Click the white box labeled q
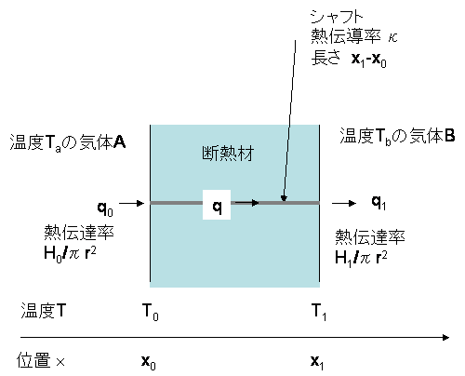(217, 205)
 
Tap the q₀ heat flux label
(105, 208)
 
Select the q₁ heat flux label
(379, 203)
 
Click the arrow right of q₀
(132, 204)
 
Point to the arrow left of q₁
(344, 204)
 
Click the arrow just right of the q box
(246, 203)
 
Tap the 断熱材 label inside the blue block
(228, 154)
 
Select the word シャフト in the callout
(337, 17)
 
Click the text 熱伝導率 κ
(354, 36)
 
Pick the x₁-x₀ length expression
(369, 59)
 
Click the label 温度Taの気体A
(68, 142)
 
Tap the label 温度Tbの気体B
(397, 136)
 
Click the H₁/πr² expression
(361, 258)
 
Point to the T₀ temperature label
(150, 312)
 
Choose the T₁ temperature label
(319, 312)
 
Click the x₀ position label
(148, 362)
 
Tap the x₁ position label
(317, 362)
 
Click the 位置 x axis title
(41, 360)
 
